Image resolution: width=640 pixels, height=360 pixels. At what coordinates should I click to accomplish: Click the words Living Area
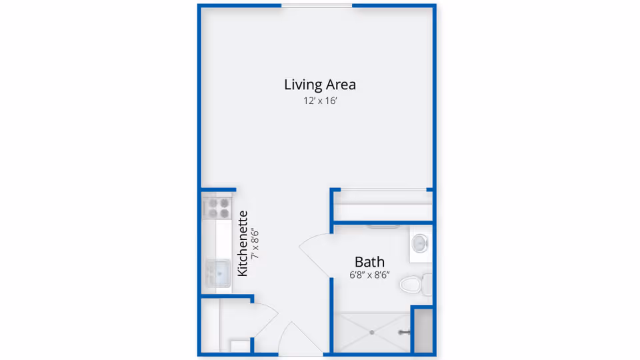[320, 85]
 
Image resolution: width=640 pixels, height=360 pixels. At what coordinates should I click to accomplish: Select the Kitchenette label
[243, 243]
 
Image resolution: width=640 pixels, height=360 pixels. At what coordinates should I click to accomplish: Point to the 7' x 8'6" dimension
[254, 244]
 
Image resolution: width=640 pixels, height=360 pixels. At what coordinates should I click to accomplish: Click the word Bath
[369, 262]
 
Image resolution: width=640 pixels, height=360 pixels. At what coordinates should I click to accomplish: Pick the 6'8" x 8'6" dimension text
[369, 275]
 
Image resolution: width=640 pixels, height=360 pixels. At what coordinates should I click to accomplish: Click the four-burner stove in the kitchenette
[217, 208]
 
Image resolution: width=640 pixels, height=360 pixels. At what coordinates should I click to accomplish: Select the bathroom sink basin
[420, 243]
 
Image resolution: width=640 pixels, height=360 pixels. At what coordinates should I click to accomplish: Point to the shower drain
[372, 332]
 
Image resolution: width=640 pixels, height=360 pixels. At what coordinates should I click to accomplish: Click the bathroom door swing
[313, 253]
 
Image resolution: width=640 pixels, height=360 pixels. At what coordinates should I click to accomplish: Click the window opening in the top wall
[317, 6]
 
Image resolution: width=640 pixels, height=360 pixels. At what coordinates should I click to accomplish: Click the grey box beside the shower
[423, 330]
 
